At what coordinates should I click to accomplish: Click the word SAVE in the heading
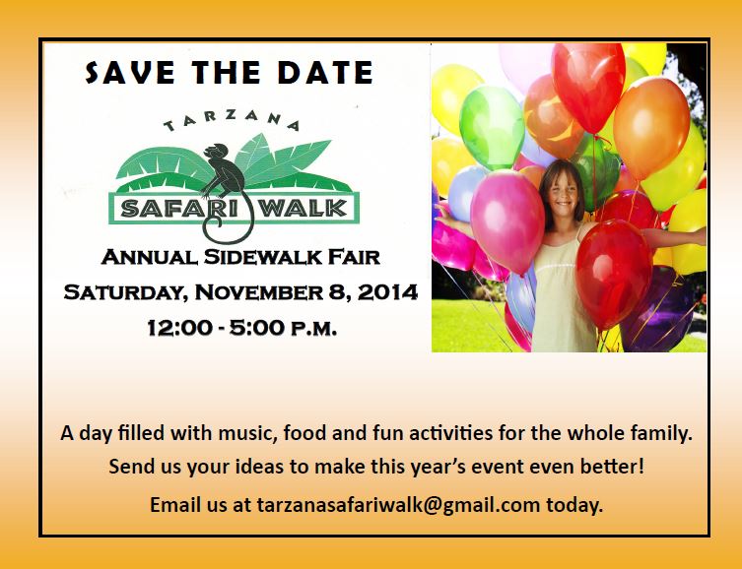tap(130, 72)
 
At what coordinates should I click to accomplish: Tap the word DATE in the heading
tap(325, 72)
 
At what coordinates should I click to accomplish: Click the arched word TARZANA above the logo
tap(232, 120)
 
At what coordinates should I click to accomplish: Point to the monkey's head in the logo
tap(216, 152)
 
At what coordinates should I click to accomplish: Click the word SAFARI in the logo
tap(165, 209)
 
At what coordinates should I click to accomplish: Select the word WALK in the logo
tap(304, 209)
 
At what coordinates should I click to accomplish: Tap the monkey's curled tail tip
tap(216, 222)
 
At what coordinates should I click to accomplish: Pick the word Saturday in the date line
tap(123, 292)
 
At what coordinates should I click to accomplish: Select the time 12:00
tap(179, 328)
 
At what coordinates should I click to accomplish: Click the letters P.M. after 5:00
tap(313, 329)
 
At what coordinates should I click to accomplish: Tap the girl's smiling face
tap(563, 194)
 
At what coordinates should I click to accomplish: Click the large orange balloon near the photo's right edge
tap(651, 128)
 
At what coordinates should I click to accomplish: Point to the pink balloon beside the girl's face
tap(507, 221)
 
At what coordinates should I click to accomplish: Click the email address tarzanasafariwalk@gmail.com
tap(398, 505)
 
